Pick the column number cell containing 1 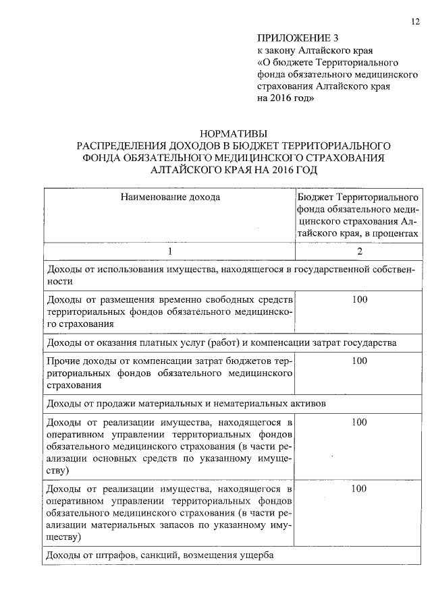tap(170, 251)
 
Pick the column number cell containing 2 tap(359, 251)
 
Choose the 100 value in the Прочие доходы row tap(359, 361)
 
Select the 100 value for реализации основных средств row tap(359, 422)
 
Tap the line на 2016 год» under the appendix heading tap(284, 98)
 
